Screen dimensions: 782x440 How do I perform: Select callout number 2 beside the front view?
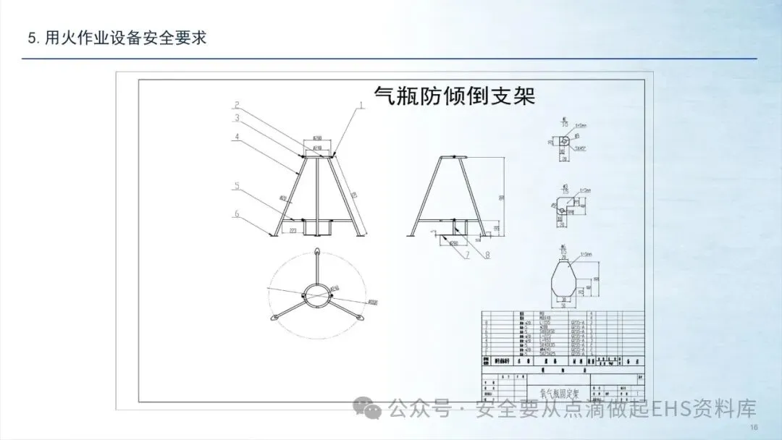click(236, 106)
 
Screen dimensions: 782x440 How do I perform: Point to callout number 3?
click(236, 118)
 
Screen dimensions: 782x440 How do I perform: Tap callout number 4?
click(236, 137)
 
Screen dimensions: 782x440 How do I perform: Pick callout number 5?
click(236, 187)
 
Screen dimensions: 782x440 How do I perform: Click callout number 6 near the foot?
click(236, 213)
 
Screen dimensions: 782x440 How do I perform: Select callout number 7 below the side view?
click(468, 255)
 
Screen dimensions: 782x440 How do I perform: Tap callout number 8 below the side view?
click(487, 254)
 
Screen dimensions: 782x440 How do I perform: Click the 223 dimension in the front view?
click(294, 231)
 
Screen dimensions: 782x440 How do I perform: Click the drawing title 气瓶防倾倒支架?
click(453, 96)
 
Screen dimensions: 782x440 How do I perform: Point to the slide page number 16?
click(754, 428)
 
